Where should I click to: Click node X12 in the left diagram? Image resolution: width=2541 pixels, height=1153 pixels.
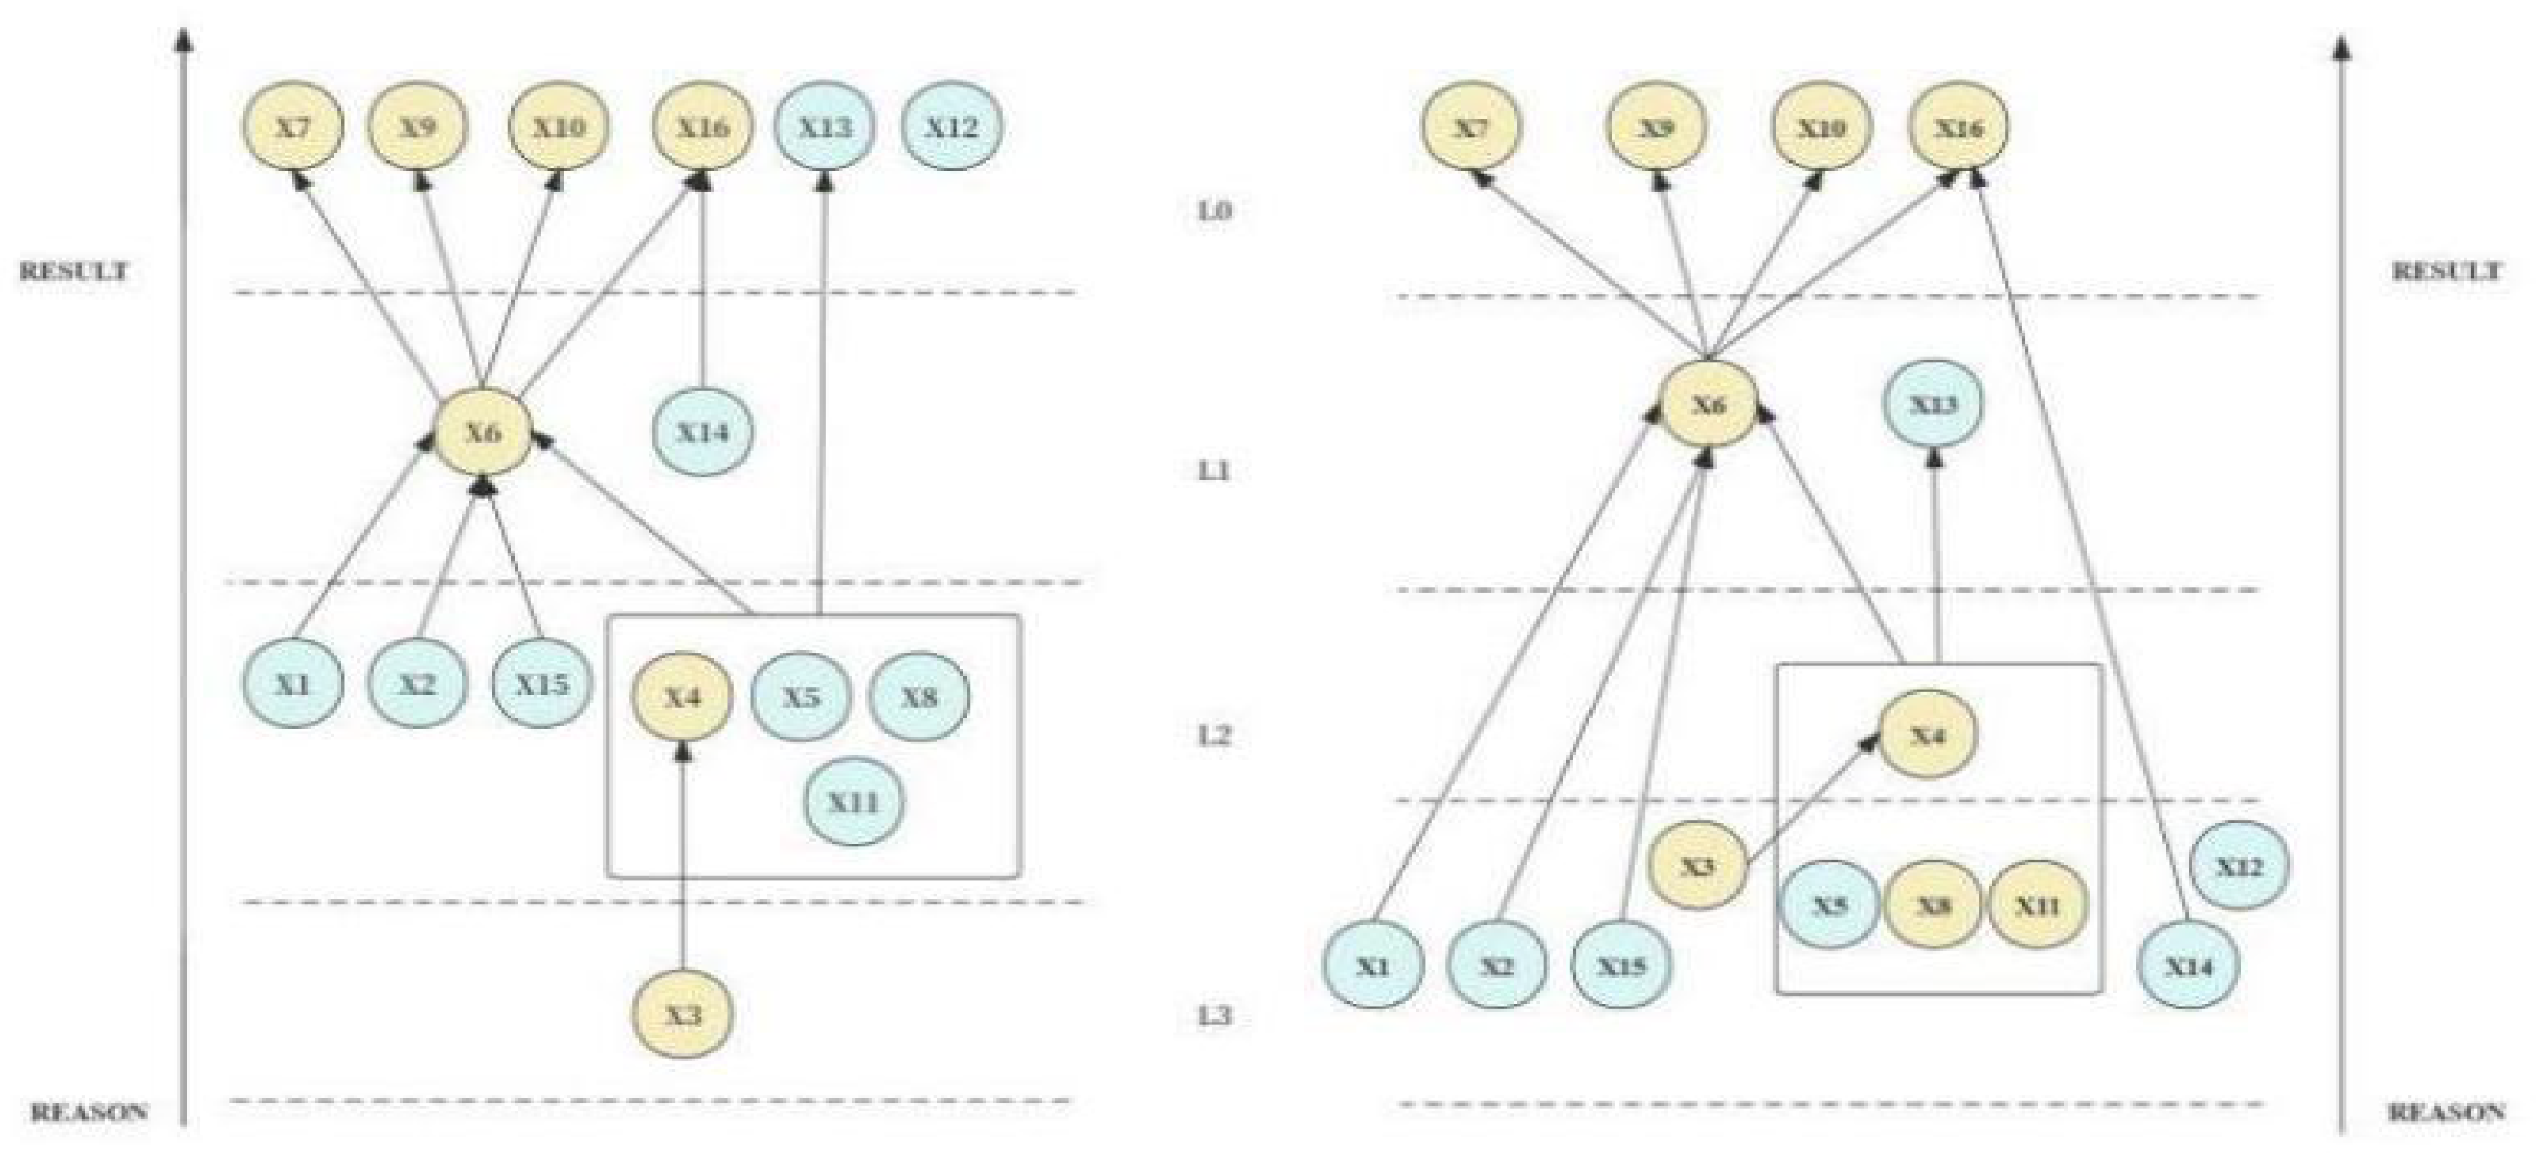pyautogui.click(x=952, y=126)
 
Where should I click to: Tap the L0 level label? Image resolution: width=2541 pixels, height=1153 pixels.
pyautogui.click(x=1214, y=211)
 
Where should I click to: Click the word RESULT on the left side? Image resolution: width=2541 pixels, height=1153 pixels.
pyautogui.click(x=74, y=271)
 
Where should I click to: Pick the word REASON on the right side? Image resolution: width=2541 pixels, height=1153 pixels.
pyautogui.click(x=2446, y=1113)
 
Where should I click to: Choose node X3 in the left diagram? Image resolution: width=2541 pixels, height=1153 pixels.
pyautogui.click(x=683, y=1014)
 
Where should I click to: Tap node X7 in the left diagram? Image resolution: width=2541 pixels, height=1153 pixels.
pyautogui.click(x=293, y=126)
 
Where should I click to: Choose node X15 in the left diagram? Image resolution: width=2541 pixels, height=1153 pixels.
pyautogui.click(x=541, y=683)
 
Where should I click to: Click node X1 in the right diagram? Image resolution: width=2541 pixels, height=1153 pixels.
pyautogui.click(x=1372, y=966)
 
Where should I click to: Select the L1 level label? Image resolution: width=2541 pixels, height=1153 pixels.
pyautogui.click(x=1214, y=472)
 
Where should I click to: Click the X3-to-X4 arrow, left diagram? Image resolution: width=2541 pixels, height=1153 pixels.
pyautogui.click(x=683, y=858)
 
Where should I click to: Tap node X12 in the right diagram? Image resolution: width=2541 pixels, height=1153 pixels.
pyautogui.click(x=2239, y=866)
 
